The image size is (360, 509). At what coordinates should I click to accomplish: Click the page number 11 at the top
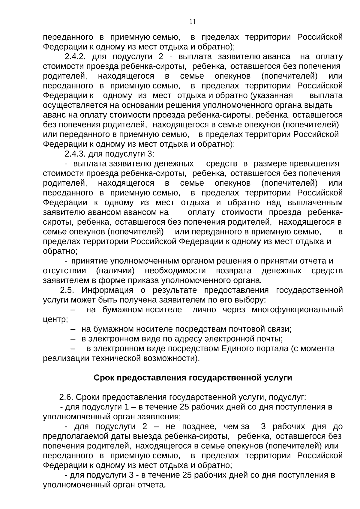[193, 22]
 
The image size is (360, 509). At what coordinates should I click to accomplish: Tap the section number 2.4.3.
[76, 154]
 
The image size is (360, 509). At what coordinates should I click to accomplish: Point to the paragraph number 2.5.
[69, 290]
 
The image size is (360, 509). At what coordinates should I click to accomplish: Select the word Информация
[107, 290]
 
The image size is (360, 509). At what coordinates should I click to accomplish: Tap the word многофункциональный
[297, 310]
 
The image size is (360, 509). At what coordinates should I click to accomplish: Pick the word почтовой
[247, 329]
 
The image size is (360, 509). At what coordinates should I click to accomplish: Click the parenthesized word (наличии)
[115, 271]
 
